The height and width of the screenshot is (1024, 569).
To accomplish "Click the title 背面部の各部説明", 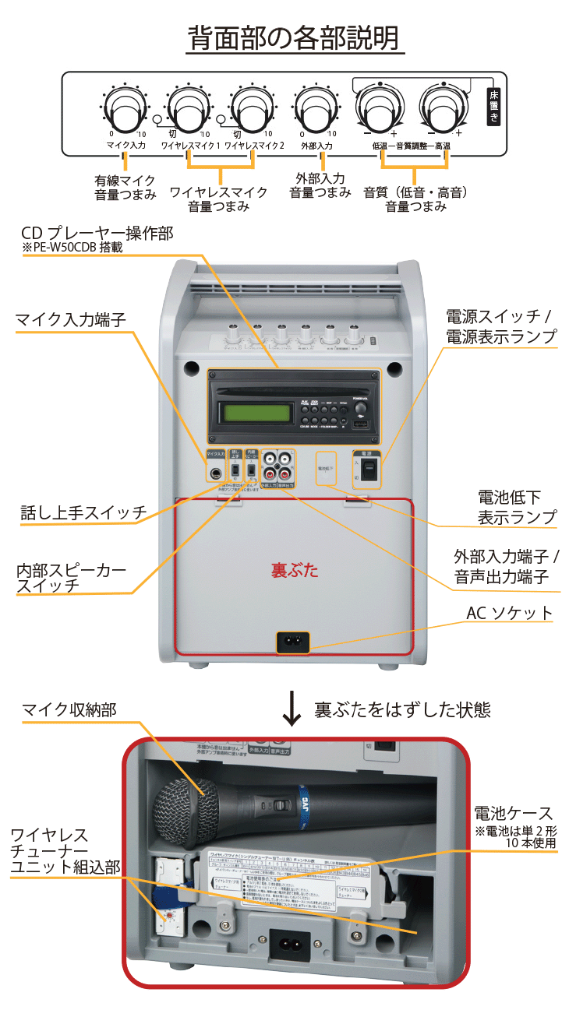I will pos(295,37).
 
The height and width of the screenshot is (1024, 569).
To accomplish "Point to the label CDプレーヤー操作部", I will pos(97,233).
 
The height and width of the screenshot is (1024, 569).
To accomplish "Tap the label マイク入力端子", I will pos(69,319).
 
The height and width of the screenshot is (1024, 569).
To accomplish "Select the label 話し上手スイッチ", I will pos(83,513).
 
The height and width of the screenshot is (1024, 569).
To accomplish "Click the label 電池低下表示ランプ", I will pos(517,507).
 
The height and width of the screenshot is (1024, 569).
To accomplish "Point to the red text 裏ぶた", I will pos(295,570).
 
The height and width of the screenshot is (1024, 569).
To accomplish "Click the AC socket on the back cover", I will pos(293,642).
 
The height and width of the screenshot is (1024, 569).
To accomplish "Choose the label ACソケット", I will pos(509,613).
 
